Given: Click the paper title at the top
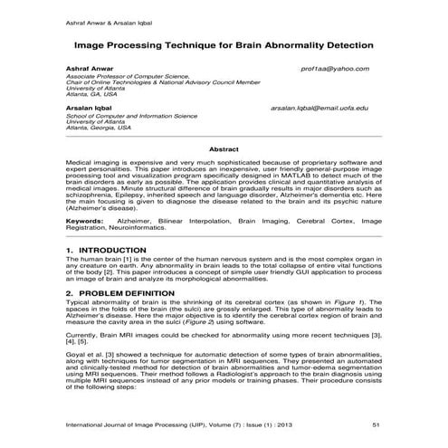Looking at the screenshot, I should click(x=223, y=43).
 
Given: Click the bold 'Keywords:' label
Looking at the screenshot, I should click(x=86, y=220).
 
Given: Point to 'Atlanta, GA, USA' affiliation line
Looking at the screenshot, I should click(x=91, y=93).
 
